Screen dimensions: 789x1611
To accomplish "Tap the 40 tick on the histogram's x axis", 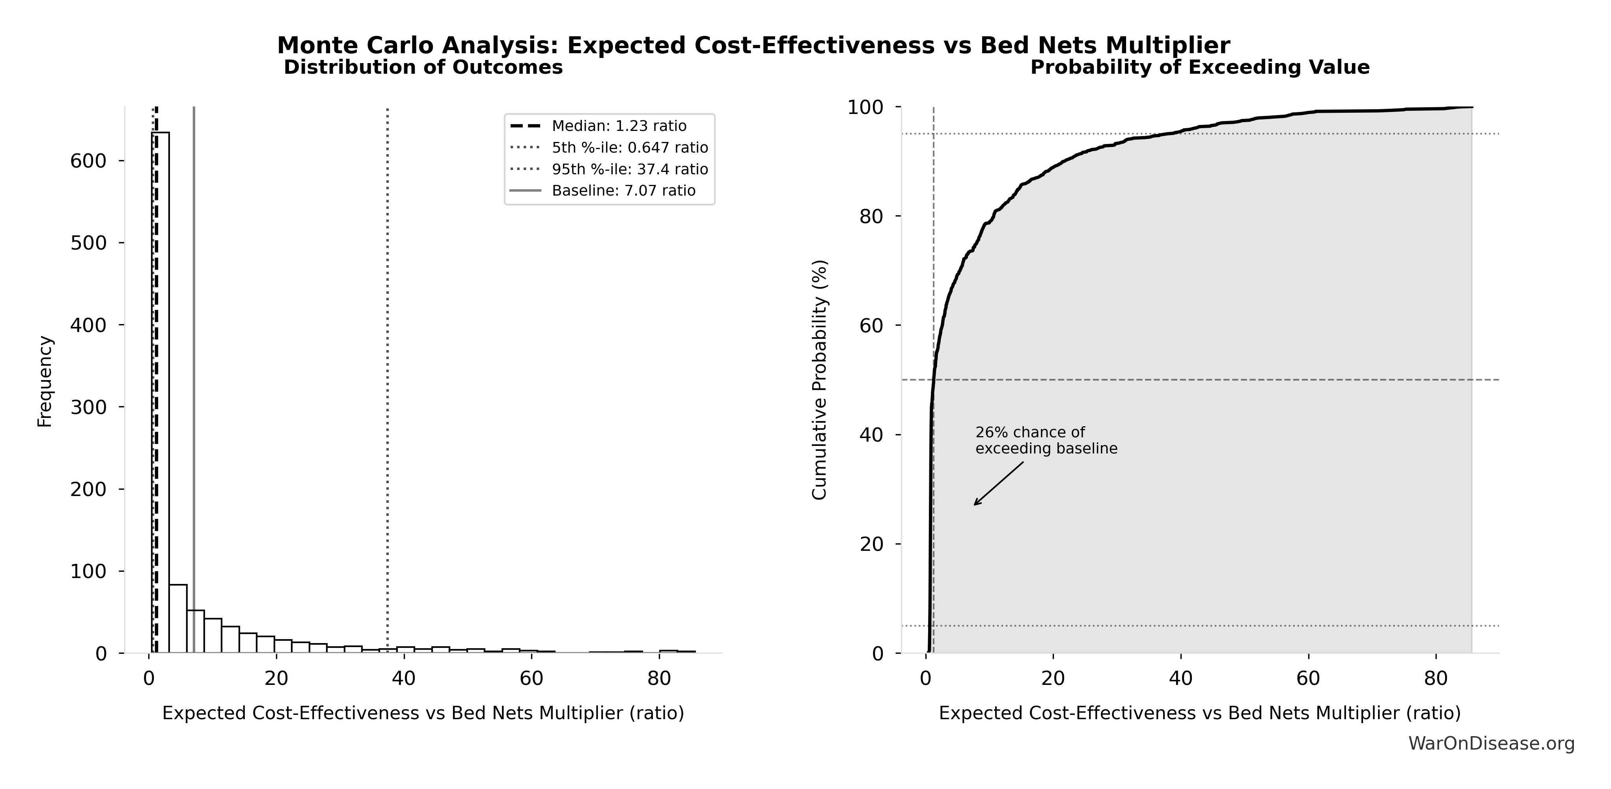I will pyautogui.click(x=404, y=678).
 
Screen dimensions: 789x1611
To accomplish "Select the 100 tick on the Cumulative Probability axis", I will pyautogui.click(x=865, y=108).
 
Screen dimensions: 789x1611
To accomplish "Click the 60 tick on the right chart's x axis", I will pyautogui.click(x=1308, y=678).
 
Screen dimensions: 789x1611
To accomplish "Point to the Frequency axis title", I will pyautogui.click(x=45, y=381).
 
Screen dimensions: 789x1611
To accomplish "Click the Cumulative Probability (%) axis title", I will pyautogui.click(x=819, y=380).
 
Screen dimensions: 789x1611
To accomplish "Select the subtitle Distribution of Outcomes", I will pyautogui.click(x=423, y=67).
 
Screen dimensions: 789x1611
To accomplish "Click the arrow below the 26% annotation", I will pyautogui.click(x=999, y=483).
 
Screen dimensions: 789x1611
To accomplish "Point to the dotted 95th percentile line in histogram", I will pyautogui.click(x=388, y=375).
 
